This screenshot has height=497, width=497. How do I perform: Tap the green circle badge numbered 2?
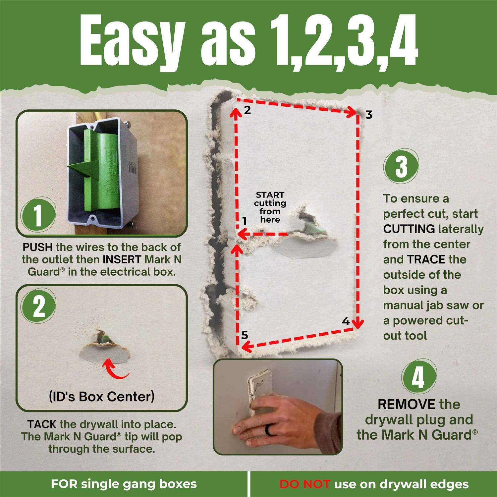tap(39, 306)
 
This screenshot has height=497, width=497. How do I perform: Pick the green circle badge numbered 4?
tap(418, 377)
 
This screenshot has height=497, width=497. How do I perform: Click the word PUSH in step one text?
tap(37, 247)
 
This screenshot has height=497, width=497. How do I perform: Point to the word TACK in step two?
tap(42, 424)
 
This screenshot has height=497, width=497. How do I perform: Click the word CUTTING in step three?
tap(409, 229)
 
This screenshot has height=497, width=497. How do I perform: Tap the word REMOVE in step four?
tap(407, 405)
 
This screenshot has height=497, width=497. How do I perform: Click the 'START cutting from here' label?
tap(270, 207)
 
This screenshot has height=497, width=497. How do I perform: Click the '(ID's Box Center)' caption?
tap(102, 396)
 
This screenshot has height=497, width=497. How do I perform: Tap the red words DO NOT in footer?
tap(304, 484)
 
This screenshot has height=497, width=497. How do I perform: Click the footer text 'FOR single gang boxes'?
tap(124, 484)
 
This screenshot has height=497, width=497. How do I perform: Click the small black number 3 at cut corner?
tap(369, 115)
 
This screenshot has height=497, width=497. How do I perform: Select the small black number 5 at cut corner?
tap(245, 335)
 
